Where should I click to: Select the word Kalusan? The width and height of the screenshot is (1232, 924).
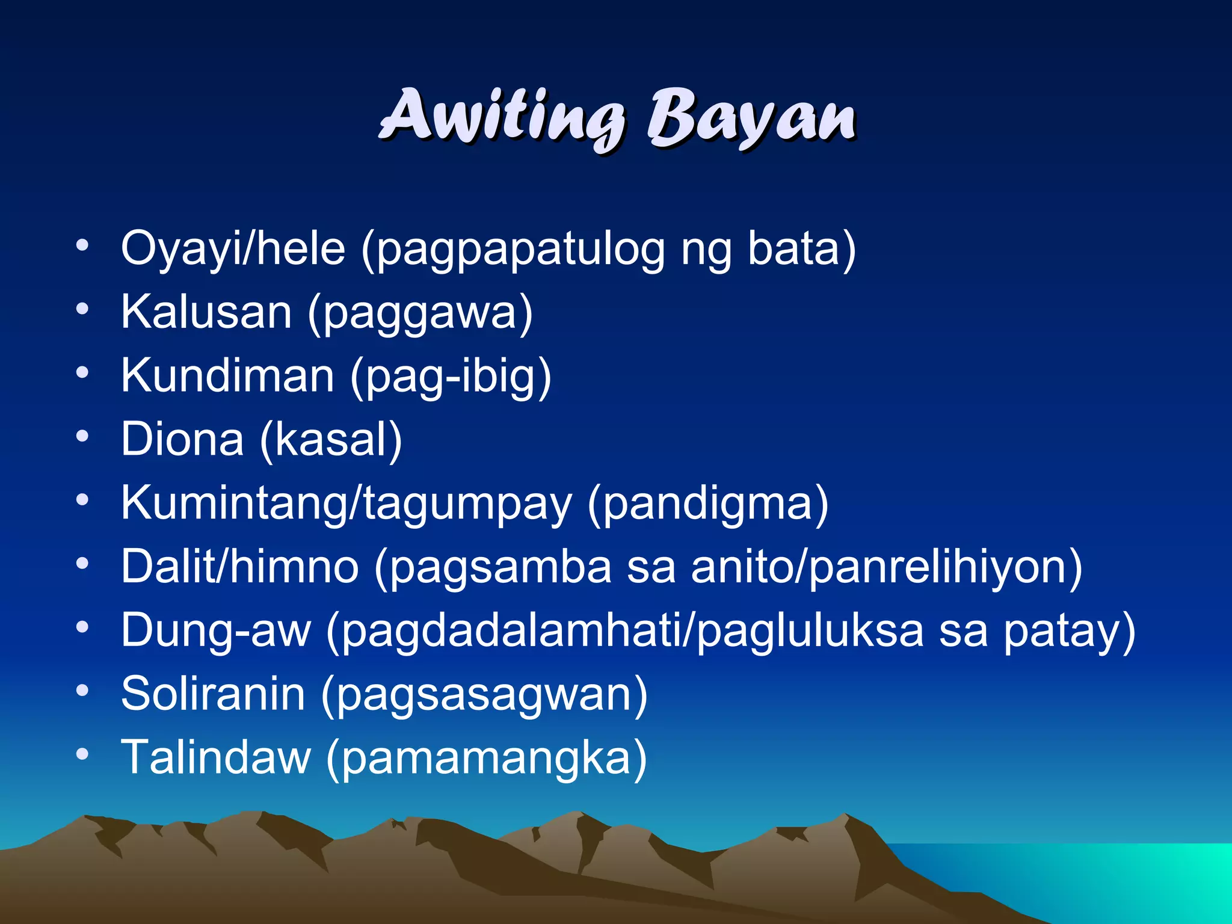point(206,312)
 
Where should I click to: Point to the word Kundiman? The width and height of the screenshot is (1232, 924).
point(227,375)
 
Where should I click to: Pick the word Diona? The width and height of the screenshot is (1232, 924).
point(182,439)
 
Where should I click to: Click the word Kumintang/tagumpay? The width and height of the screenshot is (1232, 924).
point(346,503)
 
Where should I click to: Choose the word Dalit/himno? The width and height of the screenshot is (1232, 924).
point(240,567)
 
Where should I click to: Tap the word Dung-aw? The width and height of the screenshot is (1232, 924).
point(216,630)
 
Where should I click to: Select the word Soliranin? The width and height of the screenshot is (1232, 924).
point(213,694)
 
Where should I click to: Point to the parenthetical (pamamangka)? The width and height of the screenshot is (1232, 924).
point(486,759)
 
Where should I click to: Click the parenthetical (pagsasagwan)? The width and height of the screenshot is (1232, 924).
point(484,695)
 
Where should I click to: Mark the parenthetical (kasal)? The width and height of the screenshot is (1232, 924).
point(331,440)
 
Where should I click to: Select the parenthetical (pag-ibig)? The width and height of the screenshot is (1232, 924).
point(451,377)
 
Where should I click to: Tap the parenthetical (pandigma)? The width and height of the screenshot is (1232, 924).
point(708,504)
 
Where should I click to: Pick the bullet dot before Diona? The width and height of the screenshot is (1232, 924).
point(82,436)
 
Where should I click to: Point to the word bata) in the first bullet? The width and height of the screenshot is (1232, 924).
point(802,248)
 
